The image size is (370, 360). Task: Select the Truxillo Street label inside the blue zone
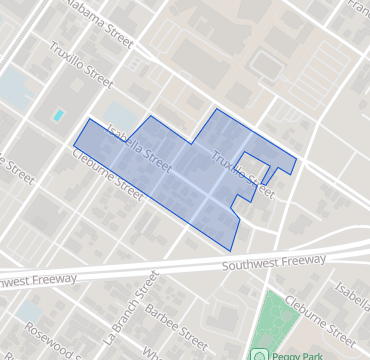click(242, 171)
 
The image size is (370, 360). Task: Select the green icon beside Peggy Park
click(259, 355)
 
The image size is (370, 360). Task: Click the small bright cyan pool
click(59, 115)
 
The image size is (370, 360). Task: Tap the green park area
click(274, 320)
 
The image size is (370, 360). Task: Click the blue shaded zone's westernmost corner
click(73, 147)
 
